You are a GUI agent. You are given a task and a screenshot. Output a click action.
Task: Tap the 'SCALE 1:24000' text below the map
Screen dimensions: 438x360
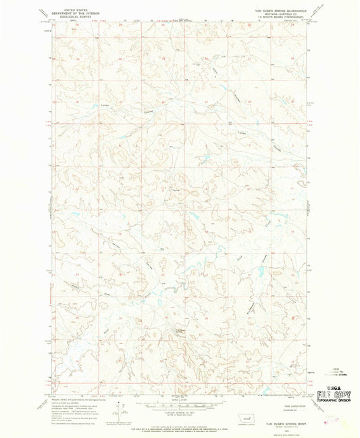point(180,404)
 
